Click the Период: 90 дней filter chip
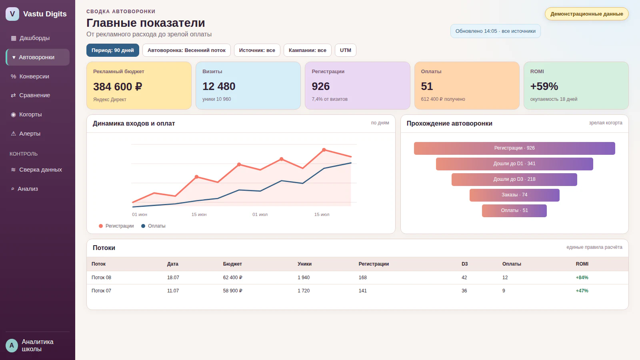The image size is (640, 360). click(x=112, y=50)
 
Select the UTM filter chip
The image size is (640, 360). click(x=346, y=50)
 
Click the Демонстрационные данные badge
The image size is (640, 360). click(x=586, y=14)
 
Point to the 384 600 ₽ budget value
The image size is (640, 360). click(x=118, y=86)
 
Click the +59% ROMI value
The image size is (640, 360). click(x=544, y=86)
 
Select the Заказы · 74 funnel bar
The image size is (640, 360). click(x=514, y=195)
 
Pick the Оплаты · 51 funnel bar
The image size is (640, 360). click(x=514, y=211)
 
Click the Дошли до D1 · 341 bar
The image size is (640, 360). click(x=514, y=164)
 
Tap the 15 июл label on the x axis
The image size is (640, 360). click(x=322, y=214)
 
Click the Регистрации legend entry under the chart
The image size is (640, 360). click(x=116, y=226)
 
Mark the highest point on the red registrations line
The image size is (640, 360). click(x=324, y=150)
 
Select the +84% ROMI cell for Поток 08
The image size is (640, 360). click(x=582, y=278)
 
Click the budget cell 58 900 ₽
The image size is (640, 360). click(x=232, y=290)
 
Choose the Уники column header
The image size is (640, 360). click(x=304, y=264)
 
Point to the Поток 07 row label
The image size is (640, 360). click(x=101, y=290)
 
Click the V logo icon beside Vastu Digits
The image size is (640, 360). click(x=12, y=14)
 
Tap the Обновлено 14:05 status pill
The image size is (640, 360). click(x=496, y=31)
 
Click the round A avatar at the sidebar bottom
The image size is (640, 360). click(x=12, y=346)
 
